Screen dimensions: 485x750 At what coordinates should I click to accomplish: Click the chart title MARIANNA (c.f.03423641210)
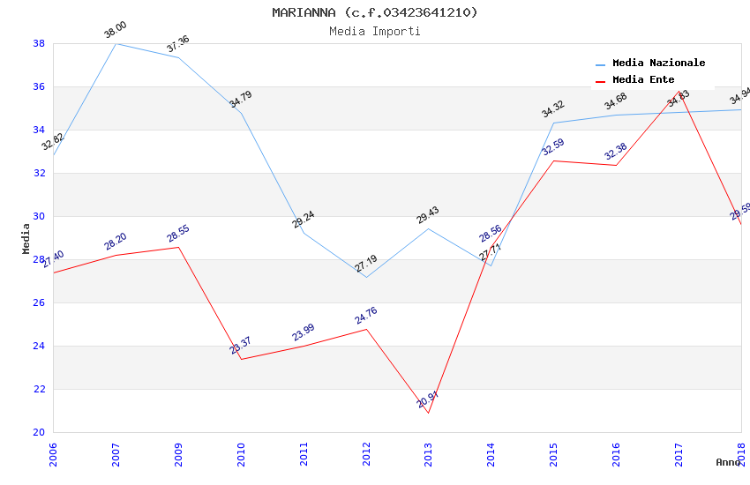tap(374, 12)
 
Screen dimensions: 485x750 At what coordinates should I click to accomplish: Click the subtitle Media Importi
tap(374, 31)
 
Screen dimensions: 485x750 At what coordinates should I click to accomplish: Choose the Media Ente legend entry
tap(643, 80)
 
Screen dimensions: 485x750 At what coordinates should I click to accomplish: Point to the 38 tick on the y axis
tap(39, 43)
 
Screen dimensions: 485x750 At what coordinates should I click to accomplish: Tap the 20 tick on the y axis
tap(39, 432)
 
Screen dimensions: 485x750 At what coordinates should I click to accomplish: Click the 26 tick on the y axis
tap(39, 302)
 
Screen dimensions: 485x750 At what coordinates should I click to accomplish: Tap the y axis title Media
tap(26, 238)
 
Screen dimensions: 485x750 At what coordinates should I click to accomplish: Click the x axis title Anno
tap(728, 462)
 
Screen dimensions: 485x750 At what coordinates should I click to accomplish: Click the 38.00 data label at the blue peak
tap(116, 31)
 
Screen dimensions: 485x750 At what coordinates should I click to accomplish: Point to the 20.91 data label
tap(428, 399)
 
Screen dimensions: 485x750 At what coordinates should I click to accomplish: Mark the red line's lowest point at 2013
tap(428, 413)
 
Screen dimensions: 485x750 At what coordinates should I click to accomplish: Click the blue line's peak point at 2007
tap(116, 43)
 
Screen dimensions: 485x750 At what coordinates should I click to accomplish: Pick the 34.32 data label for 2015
tap(553, 109)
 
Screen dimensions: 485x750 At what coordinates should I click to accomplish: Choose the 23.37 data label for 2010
tap(241, 346)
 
